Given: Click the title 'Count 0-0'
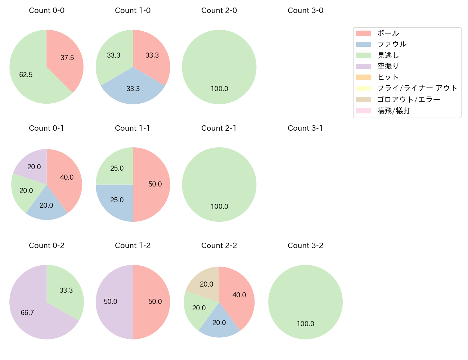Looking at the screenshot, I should (46, 10).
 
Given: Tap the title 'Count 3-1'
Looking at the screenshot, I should (305, 128).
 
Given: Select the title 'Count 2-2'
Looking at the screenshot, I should (219, 246).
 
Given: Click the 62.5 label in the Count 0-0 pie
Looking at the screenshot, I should (26, 75).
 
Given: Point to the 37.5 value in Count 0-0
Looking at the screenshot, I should (67, 58).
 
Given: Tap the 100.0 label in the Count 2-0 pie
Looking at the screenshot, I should (219, 89).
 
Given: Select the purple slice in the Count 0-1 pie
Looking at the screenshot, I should (32, 166).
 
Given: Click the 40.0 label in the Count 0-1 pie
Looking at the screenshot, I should (67, 177).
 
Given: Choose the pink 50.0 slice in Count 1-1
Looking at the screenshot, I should (153, 184).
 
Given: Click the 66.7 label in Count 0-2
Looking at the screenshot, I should (27, 312).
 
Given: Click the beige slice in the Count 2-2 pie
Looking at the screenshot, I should (205, 283).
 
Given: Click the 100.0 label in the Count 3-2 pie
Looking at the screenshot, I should (306, 324).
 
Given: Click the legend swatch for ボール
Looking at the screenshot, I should (363, 33).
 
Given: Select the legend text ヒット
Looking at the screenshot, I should (388, 77).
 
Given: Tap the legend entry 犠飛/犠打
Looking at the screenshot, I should (394, 111).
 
